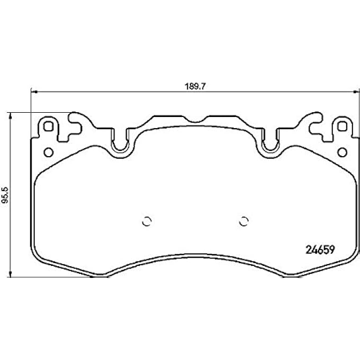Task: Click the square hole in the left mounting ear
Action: (49, 127)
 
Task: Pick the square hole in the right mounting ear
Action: (343, 127)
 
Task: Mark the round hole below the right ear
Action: (343, 152)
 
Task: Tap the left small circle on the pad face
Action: (148, 221)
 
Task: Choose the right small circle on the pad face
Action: (244, 221)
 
